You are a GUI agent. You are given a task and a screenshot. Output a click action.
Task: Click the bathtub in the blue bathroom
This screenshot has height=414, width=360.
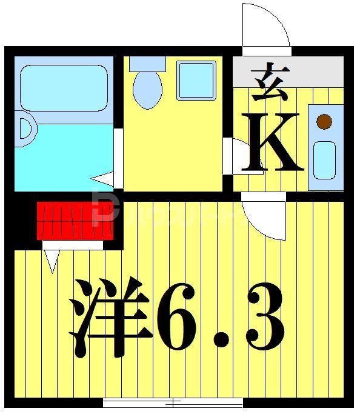point(63,88)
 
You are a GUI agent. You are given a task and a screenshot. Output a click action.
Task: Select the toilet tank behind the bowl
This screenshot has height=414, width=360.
point(147,64)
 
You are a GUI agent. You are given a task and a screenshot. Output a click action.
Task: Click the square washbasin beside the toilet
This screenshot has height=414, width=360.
point(196,80)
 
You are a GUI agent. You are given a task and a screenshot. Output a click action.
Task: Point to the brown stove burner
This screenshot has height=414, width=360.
point(325,121)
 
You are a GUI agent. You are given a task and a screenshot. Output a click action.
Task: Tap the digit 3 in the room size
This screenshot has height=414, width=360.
point(261,318)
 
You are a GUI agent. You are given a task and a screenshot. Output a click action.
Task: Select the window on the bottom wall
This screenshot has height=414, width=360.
point(173,402)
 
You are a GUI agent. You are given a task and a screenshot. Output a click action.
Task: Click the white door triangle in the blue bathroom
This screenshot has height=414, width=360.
point(104,179)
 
